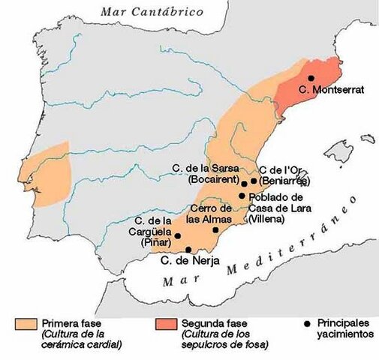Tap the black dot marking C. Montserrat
click(x=311, y=78)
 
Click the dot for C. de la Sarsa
click(x=244, y=182)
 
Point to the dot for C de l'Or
click(x=254, y=181)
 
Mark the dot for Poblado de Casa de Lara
click(x=242, y=196)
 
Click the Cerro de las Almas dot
click(x=216, y=229)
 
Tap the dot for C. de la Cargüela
click(x=178, y=236)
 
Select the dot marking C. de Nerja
click(x=188, y=250)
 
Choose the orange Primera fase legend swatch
click(x=26, y=324)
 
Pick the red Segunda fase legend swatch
click(x=165, y=324)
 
